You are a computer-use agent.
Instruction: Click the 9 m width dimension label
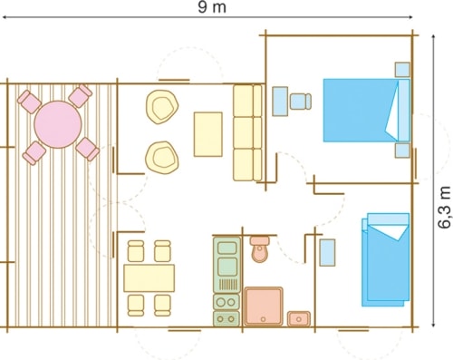click(x=212, y=7)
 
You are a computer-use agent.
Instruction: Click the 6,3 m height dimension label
click(x=444, y=208)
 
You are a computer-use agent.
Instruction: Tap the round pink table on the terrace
click(x=58, y=124)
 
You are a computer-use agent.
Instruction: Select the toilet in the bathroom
click(x=260, y=249)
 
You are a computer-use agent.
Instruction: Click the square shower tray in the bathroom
click(x=264, y=306)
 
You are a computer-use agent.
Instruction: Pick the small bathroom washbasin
click(x=299, y=319)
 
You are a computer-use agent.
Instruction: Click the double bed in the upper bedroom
click(x=367, y=111)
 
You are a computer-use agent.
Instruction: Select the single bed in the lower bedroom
click(x=386, y=259)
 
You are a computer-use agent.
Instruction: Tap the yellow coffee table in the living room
click(x=208, y=134)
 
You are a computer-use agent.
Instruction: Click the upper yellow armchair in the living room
click(x=162, y=107)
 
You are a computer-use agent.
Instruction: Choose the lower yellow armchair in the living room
click(x=162, y=158)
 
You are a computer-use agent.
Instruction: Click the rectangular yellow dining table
click(x=149, y=277)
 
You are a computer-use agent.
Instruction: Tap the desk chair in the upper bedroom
click(x=301, y=102)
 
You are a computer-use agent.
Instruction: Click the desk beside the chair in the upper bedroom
click(x=280, y=102)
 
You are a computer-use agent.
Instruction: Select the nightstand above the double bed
click(x=402, y=70)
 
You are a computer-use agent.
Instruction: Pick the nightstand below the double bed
click(x=402, y=151)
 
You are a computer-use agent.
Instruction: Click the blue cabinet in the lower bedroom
click(x=327, y=253)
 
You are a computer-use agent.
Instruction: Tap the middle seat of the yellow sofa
click(x=247, y=132)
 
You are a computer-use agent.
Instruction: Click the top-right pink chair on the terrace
click(x=80, y=96)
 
